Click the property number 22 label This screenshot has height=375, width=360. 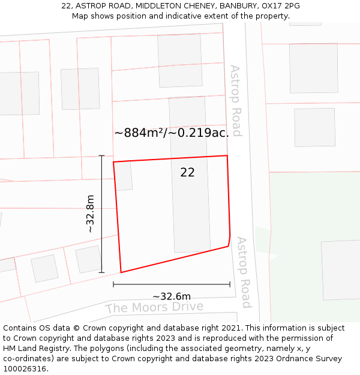[187, 173]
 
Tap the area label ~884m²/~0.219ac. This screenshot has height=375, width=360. [172, 133]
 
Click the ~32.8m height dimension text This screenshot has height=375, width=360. [90, 214]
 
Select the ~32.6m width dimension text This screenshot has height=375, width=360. [172, 296]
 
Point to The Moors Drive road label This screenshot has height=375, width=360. [154, 308]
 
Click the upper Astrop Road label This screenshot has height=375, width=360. [236, 101]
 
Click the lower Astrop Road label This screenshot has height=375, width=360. [242, 272]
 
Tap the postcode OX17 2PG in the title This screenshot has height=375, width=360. [281, 6]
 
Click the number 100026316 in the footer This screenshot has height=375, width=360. [25, 368]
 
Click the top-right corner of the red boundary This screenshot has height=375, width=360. [227, 156]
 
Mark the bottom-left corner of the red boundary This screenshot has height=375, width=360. [121, 272]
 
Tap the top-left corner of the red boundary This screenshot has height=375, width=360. [113, 162]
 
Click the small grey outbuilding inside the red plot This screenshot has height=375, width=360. [124, 176]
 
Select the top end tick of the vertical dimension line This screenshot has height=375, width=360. [101, 156]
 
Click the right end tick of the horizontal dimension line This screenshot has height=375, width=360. [230, 284]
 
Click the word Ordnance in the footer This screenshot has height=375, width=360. [289, 358]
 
